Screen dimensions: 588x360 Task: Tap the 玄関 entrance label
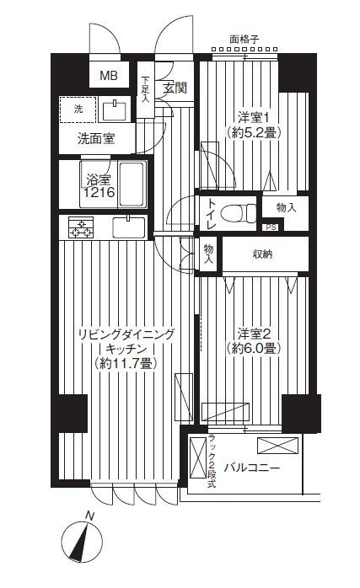pos(175,87)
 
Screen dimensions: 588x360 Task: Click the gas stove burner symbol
pos(81,227)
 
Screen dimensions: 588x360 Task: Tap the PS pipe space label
pos(270,227)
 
